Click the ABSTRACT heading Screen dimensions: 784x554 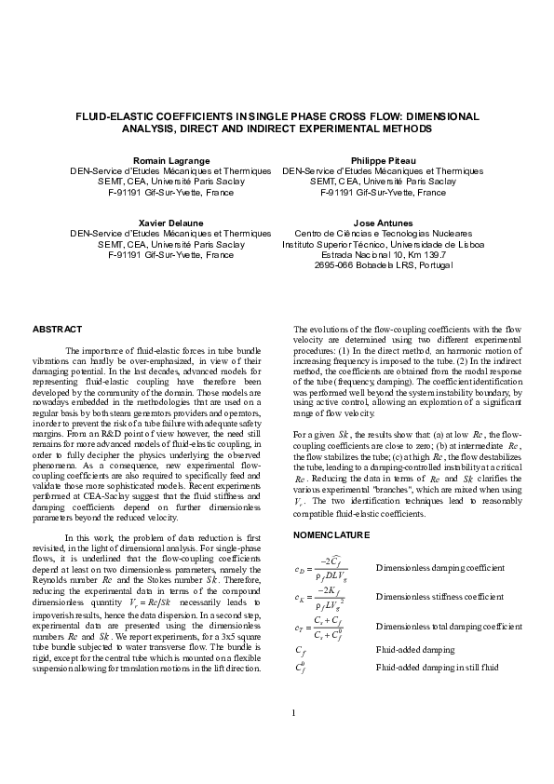58,330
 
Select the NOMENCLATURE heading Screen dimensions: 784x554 331,535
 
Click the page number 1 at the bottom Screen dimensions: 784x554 293,739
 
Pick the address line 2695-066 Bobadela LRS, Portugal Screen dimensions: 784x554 383,264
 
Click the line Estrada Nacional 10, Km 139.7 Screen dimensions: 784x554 383,254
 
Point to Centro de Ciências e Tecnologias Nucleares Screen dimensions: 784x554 383,234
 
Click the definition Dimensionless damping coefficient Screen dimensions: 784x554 439,567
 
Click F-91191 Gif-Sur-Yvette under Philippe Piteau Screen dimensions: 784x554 383,193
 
